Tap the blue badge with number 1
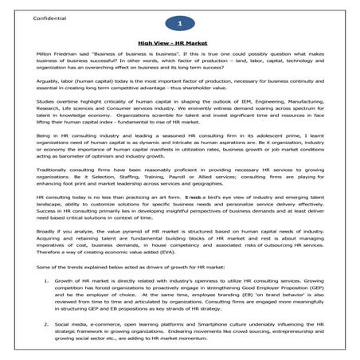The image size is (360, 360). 179,25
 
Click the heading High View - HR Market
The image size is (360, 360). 179,45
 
